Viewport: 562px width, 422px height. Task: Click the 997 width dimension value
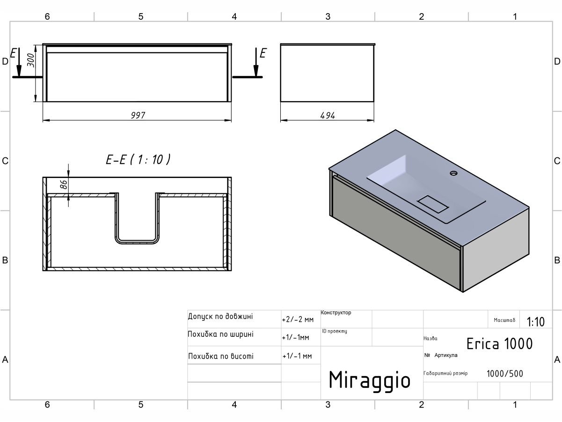click(138, 115)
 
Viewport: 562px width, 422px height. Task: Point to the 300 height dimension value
click(31, 60)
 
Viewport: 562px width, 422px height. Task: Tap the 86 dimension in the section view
click(64, 184)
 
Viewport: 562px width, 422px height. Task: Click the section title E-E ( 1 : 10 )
click(138, 160)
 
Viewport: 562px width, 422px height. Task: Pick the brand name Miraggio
click(370, 380)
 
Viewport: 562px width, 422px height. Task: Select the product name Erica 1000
click(499, 344)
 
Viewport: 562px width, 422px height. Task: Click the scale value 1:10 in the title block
click(536, 322)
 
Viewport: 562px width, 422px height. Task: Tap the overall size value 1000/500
click(505, 374)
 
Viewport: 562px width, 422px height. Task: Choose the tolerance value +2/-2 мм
click(298, 320)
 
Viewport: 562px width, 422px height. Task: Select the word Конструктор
click(336, 313)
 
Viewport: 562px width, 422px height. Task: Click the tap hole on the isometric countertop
click(453, 173)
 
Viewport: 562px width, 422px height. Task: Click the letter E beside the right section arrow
click(263, 53)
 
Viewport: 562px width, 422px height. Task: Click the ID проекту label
click(335, 332)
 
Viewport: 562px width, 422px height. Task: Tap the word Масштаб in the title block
click(504, 320)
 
